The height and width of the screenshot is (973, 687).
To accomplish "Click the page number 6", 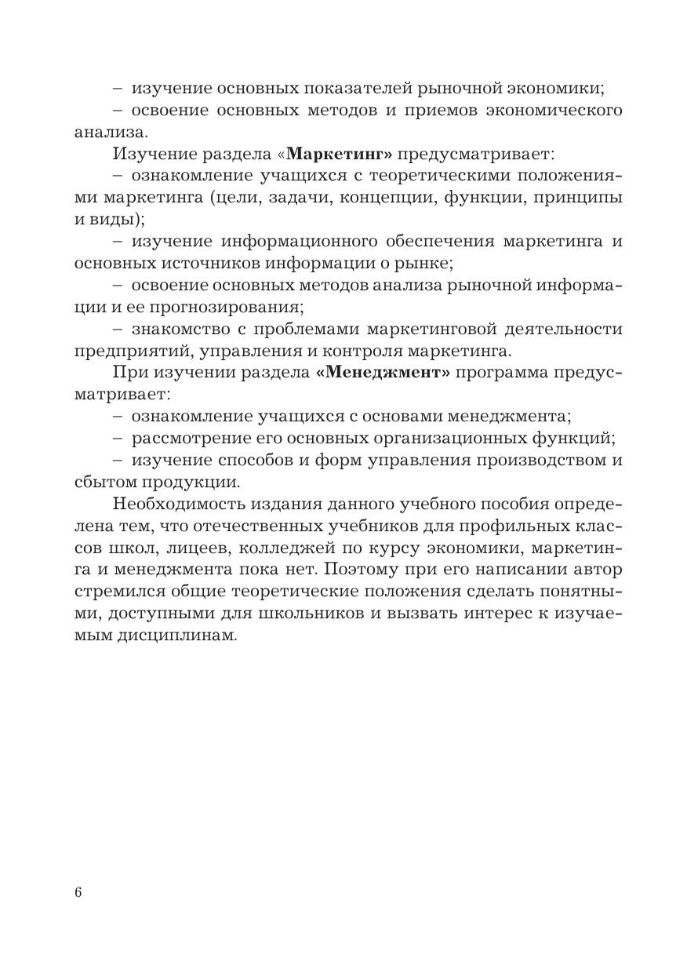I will click(x=78, y=892).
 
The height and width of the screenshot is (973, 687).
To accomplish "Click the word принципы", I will click(x=578, y=197).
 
